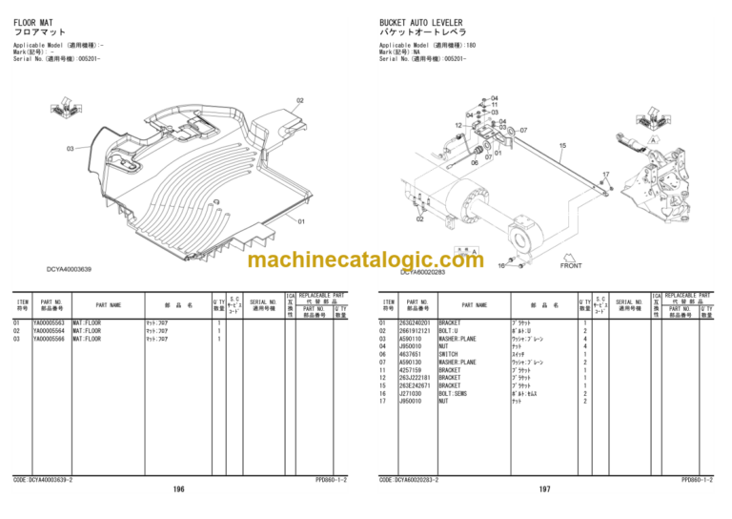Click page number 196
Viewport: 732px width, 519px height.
click(179, 488)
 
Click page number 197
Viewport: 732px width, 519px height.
click(544, 488)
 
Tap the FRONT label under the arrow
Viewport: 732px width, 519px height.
click(571, 265)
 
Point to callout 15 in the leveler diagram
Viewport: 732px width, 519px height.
click(562, 146)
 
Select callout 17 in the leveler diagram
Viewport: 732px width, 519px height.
click(605, 175)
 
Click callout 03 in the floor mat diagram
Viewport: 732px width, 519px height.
click(70, 149)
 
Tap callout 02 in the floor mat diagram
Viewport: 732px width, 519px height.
click(300, 100)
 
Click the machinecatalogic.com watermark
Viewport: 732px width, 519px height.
click(365, 260)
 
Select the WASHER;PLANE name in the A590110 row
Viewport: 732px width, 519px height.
click(457, 339)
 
